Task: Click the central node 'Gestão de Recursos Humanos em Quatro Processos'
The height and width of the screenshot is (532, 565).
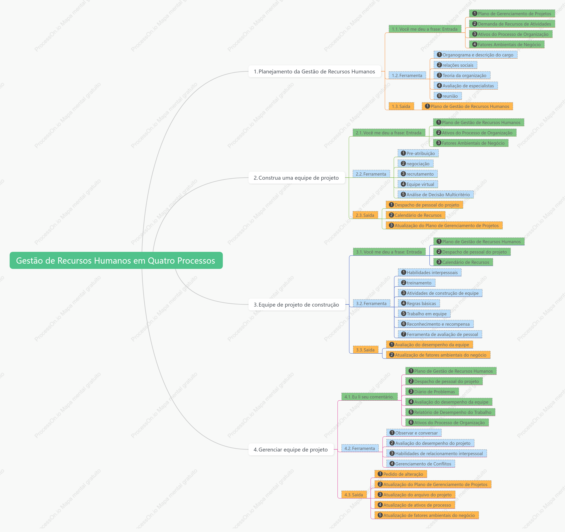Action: pyautogui.click(x=116, y=260)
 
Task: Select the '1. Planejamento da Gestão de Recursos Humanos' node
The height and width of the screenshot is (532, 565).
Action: pyautogui.click(x=314, y=71)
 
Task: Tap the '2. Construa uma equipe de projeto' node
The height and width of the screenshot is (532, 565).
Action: pyautogui.click(x=296, y=178)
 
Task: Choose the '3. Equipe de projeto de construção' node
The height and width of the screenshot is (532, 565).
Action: pyautogui.click(x=296, y=305)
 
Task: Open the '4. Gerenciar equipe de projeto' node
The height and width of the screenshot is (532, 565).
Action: pyautogui.click(x=291, y=450)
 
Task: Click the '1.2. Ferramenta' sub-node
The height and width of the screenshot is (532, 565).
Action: pyautogui.click(x=407, y=75)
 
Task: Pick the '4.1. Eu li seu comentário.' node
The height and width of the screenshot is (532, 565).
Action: pyautogui.click(x=369, y=397)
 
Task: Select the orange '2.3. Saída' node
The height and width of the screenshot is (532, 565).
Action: pyautogui.click(x=365, y=215)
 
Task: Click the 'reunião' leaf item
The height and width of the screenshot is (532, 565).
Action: pyautogui.click(x=447, y=96)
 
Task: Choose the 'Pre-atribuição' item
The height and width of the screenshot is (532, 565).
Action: pyautogui.click(x=418, y=153)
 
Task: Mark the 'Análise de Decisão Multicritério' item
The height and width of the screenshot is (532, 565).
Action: pyautogui.click(x=435, y=195)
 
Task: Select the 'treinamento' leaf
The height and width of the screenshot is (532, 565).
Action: pyautogui.click(x=416, y=283)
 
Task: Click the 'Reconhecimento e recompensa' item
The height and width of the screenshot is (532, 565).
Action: pyautogui.click(x=436, y=324)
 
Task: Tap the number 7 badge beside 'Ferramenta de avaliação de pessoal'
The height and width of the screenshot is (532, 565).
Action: pyautogui.click(x=403, y=334)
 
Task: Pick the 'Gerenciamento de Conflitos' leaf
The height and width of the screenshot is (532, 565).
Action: pyautogui.click(x=420, y=464)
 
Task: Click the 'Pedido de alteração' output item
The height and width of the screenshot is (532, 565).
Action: pyautogui.click(x=400, y=474)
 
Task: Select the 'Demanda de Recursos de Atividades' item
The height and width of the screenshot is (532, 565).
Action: pyautogui.click(x=512, y=24)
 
